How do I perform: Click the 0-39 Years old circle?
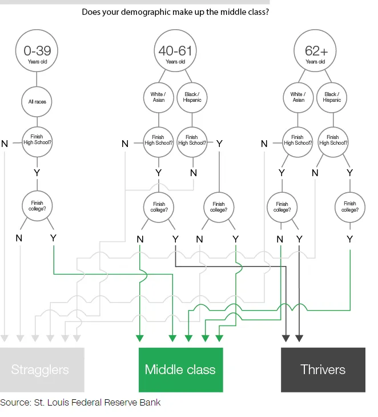(37, 53)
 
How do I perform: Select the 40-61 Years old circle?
(175, 53)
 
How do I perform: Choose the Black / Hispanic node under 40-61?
(192, 97)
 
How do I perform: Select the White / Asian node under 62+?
(297, 97)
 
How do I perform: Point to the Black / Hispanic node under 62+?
(332, 97)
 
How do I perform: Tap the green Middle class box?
(180, 370)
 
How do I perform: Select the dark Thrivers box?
(323, 370)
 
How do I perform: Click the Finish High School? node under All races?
(37, 140)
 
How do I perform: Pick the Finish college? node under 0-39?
(37, 206)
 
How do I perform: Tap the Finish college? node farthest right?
(349, 206)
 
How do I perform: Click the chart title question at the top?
(175, 11)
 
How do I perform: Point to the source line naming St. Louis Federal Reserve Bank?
(81, 403)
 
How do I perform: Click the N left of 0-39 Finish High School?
(5, 144)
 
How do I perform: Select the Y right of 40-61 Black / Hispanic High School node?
(219, 144)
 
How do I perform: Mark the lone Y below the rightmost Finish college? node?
(349, 239)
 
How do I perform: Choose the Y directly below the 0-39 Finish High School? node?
(37, 172)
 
